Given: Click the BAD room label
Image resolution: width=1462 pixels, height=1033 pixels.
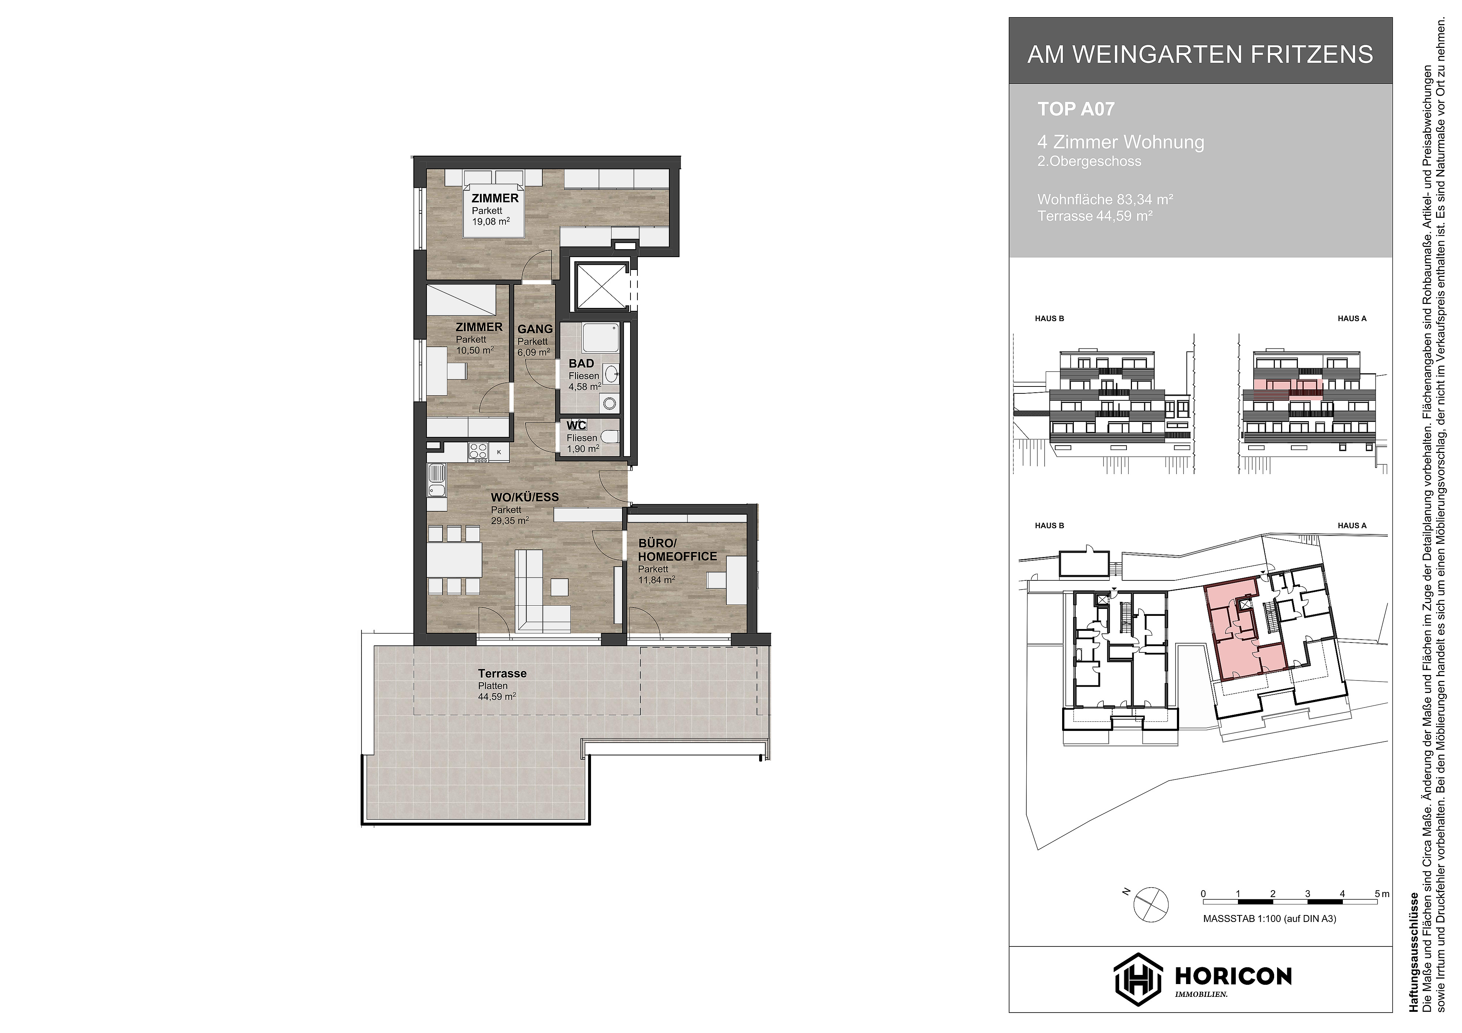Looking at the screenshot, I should coord(581,363).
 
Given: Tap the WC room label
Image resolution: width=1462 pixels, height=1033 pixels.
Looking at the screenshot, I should coord(576,425).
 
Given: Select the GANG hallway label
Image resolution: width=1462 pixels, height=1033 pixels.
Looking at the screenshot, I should coord(535,329).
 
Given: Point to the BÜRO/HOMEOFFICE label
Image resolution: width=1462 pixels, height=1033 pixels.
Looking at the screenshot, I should coord(677,550).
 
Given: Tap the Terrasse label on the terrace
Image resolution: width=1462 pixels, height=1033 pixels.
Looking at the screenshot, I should coord(503,674).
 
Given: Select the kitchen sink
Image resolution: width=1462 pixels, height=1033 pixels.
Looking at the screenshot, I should coord(436,481).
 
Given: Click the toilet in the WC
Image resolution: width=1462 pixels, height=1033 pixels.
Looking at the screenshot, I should coord(609,437).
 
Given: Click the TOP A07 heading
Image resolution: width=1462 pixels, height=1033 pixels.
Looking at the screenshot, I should coord(1076,110).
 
